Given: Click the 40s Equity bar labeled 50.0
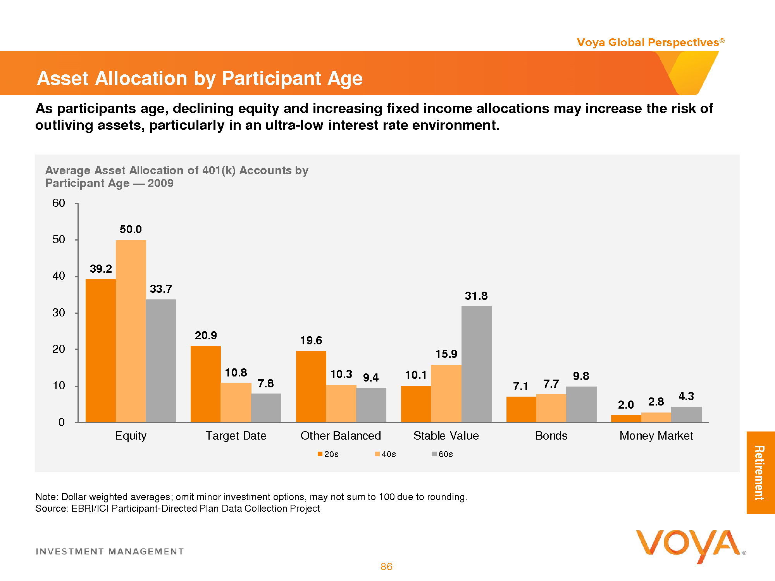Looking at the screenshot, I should pyautogui.click(x=131, y=331).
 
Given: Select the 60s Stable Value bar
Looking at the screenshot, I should pyautogui.click(x=476, y=364).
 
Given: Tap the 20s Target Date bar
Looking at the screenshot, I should pyautogui.click(x=206, y=384).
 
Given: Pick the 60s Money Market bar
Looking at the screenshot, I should pyautogui.click(x=686, y=414).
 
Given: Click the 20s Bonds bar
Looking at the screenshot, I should pyautogui.click(x=521, y=409).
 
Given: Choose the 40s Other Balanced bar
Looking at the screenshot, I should pyautogui.click(x=341, y=404).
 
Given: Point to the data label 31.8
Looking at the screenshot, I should pyautogui.click(x=476, y=296).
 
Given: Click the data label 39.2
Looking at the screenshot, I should pyautogui.click(x=101, y=269).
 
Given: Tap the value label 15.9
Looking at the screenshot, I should pyautogui.click(x=446, y=354).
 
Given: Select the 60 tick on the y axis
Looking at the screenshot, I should pyautogui.click(x=59, y=203).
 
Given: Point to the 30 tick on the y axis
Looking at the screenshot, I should pyautogui.click(x=59, y=313).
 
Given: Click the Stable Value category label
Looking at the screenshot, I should pyautogui.click(x=446, y=436).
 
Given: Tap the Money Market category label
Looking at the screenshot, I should pyautogui.click(x=656, y=436).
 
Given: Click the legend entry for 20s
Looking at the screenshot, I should pyautogui.click(x=328, y=454).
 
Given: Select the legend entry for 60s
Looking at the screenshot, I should pyautogui.click(x=443, y=454).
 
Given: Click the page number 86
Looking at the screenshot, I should pyautogui.click(x=386, y=567).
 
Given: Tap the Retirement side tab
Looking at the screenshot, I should pyautogui.click(x=760, y=473).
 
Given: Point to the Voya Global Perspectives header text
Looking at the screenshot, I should pyautogui.click(x=648, y=43).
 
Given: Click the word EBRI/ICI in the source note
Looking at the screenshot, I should pyautogui.click(x=91, y=509).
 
